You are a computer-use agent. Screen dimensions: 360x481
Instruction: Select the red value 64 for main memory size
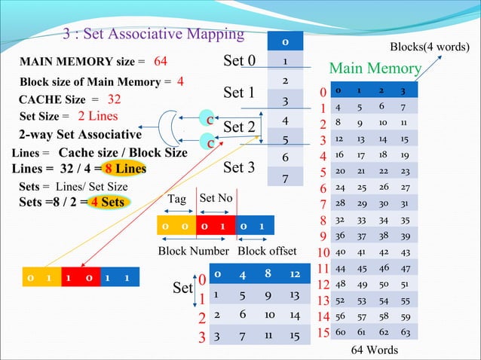pos(161,61)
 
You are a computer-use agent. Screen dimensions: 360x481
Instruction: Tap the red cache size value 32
pos(115,99)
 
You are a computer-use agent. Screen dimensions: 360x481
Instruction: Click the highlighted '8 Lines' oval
pos(125,169)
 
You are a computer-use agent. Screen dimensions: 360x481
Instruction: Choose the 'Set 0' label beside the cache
pos(240,60)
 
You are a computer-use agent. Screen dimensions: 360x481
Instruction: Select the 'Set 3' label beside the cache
pos(238,167)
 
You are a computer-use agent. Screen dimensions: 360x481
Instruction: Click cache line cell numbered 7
pos(284,179)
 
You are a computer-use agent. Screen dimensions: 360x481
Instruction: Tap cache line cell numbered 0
pos(284,41)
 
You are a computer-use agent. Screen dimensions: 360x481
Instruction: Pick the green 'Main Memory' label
pos(375,69)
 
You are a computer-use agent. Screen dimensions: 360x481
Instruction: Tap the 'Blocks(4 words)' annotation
pos(430,47)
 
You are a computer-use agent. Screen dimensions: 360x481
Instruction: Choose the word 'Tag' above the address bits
pos(177,199)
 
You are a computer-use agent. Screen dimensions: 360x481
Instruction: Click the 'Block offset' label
pos(267,251)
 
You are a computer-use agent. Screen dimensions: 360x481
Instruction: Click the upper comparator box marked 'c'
pos(210,120)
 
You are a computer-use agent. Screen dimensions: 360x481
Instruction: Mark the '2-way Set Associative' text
pos(79,136)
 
